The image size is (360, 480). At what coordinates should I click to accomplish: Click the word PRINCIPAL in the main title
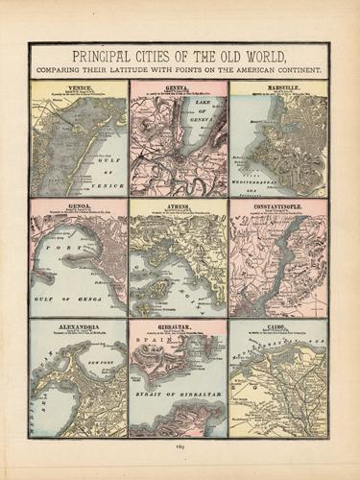tap(92, 55)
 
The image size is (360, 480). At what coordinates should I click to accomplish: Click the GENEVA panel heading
tap(178, 86)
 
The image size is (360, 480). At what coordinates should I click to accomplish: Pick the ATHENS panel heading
tap(178, 204)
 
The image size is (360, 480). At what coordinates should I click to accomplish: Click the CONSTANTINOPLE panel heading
tap(278, 204)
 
